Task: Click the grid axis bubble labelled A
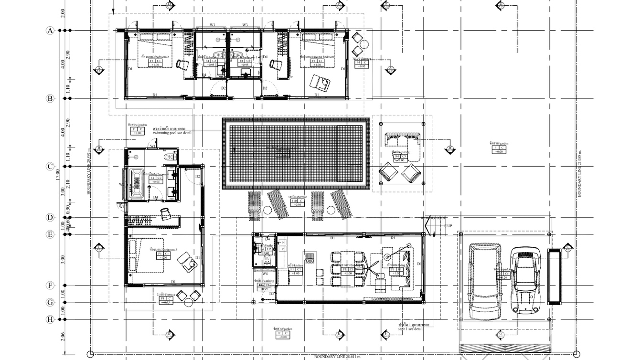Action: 50,31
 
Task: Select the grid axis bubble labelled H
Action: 50,319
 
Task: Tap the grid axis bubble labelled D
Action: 50,217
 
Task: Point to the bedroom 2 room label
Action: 155,57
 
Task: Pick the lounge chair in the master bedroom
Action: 320,83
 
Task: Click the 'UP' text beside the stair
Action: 449,226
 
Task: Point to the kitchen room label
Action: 294,265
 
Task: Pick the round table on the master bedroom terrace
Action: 364,45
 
